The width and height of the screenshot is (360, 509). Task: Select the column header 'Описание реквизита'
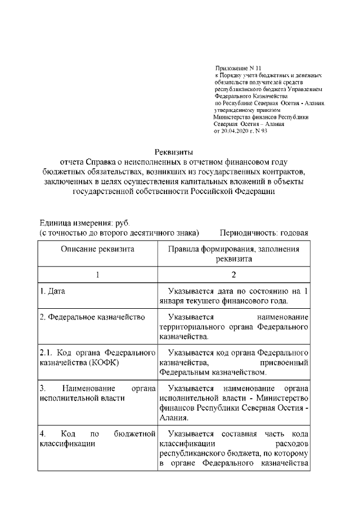[x=97, y=250]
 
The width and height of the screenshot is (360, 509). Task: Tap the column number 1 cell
[x=97, y=275]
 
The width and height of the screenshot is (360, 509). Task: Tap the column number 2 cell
[x=233, y=275]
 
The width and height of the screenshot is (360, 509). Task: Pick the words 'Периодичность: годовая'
[x=264, y=233]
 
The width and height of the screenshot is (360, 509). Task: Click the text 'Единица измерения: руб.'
[x=84, y=223]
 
